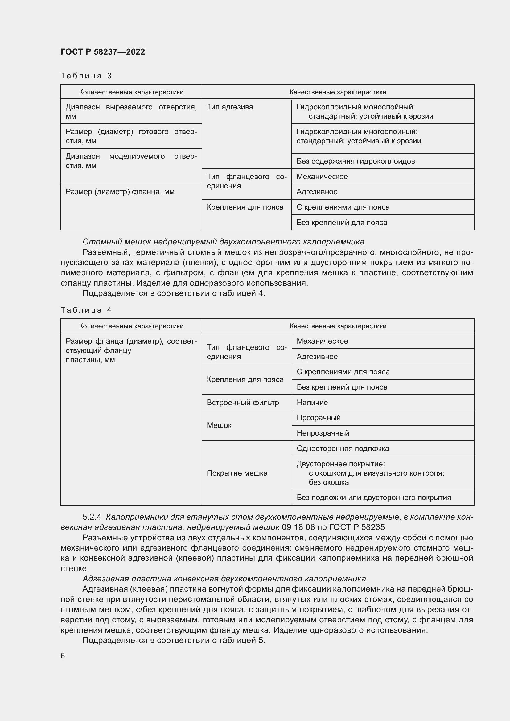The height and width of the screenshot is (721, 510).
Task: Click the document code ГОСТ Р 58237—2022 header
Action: point(103,52)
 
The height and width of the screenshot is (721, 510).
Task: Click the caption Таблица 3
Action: point(86,76)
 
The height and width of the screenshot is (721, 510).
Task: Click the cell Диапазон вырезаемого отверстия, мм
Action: point(131,112)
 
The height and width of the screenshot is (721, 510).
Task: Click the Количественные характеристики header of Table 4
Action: point(131,326)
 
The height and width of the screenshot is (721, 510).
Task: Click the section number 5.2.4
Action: point(92,517)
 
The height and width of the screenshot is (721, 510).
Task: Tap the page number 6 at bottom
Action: point(63,656)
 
